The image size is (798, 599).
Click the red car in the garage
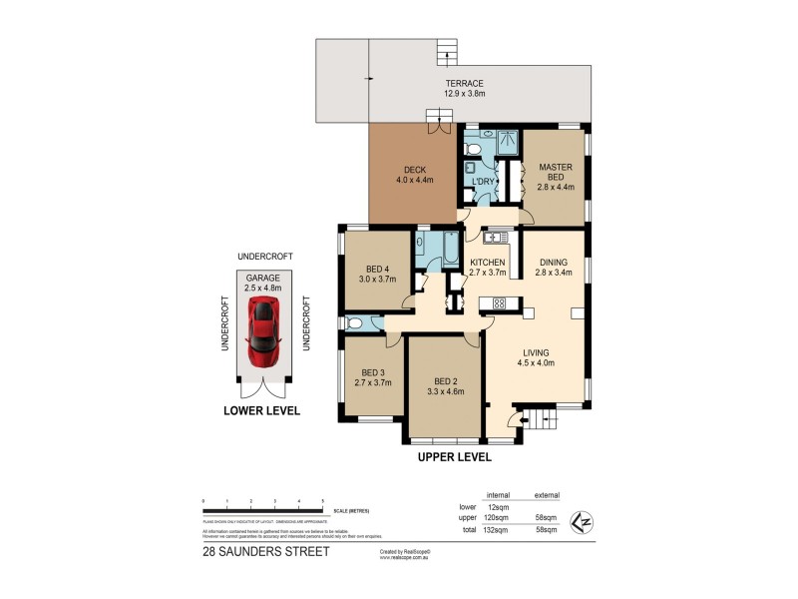[x=263, y=331]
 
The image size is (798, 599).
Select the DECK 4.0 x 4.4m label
[x=415, y=176]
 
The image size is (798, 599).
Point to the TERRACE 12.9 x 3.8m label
[x=464, y=89]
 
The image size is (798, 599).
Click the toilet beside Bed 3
[x=357, y=321]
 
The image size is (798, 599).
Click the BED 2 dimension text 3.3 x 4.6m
[x=444, y=391]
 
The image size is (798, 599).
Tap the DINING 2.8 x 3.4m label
[x=553, y=266]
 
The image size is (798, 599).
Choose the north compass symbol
[x=578, y=519]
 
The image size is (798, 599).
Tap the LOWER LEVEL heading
[x=261, y=410]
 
